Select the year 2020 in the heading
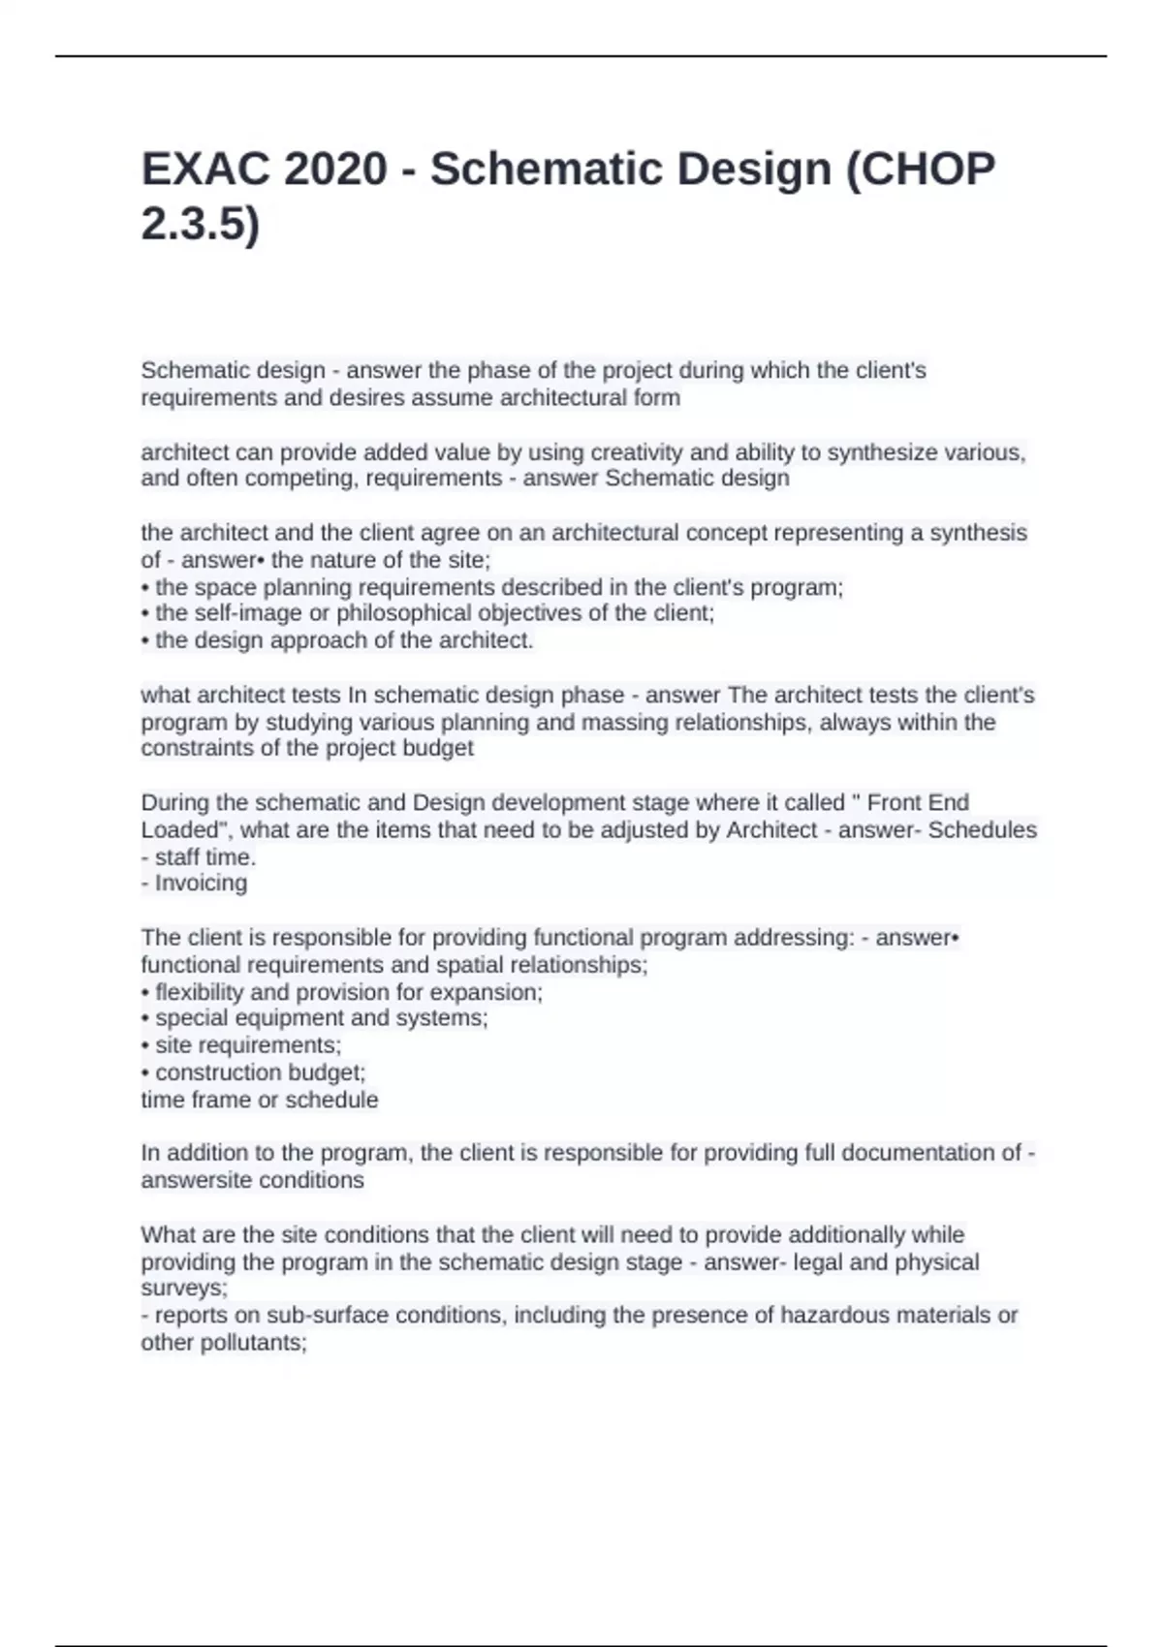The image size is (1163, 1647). (x=335, y=170)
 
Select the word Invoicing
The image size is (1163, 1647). (x=202, y=884)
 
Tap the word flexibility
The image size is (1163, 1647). (x=199, y=992)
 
